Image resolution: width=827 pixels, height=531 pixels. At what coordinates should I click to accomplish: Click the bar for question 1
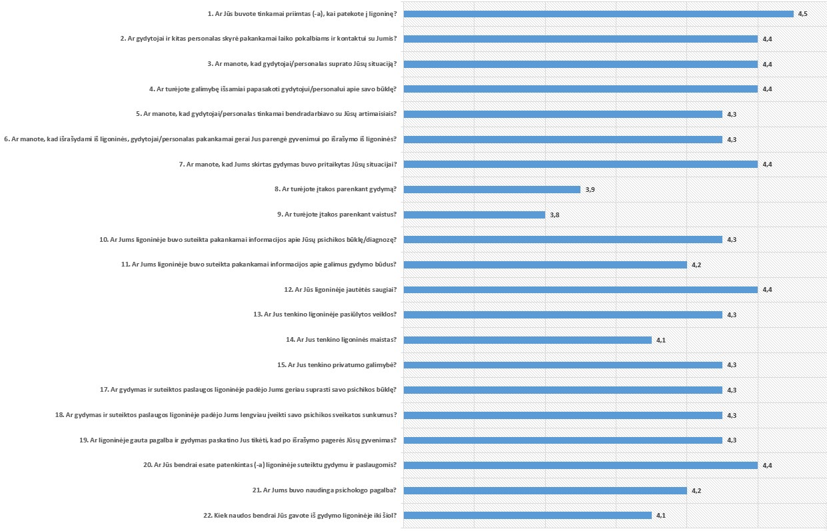[598, 14]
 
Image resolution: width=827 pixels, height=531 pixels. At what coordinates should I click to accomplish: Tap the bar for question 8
[492, 189]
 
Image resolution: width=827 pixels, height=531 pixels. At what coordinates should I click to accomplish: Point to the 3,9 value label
[590, 189]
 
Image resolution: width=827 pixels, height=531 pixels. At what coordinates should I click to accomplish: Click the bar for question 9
[474, 215]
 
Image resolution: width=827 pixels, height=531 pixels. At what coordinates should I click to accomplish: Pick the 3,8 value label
[554, 215]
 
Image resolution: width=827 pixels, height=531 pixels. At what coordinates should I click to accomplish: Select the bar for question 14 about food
[527, 340]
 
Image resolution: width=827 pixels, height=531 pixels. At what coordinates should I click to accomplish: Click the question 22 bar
[527, 515]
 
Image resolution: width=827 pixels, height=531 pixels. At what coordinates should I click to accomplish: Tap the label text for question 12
[340, 290]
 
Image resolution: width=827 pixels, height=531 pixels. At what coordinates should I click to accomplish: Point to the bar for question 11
[545, 265]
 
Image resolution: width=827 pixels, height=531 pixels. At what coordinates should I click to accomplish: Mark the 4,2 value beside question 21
[696, 490]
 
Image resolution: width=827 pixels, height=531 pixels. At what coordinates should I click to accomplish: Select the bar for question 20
[580, 465]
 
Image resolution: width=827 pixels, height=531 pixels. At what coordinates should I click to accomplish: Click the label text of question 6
[201, 139]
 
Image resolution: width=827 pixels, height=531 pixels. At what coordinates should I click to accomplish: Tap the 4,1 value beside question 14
[661, 340]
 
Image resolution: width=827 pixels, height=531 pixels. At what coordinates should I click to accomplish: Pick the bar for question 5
[563, 114]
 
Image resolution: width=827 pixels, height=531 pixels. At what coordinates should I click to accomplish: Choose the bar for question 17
[563, 390]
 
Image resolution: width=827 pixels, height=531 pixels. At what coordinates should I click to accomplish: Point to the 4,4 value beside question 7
[767, 164]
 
